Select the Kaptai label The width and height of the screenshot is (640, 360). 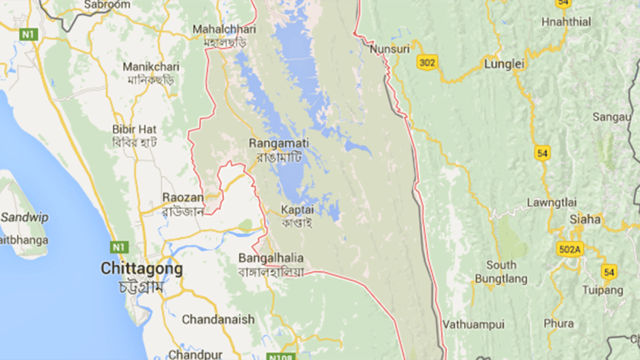click(x=296, y=210)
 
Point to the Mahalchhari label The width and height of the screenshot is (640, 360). click(x=224, y=29)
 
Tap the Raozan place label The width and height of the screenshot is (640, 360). click(x=183, y=197)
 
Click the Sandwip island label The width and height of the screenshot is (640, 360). click(x=24, y=217)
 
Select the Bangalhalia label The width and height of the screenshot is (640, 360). click(x=270, y=258)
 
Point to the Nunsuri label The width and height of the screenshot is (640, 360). click(x=390, y=49)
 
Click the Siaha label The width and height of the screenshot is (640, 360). click(x=585, y=220)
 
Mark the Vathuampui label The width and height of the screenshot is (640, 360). click(x=473, y=324)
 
